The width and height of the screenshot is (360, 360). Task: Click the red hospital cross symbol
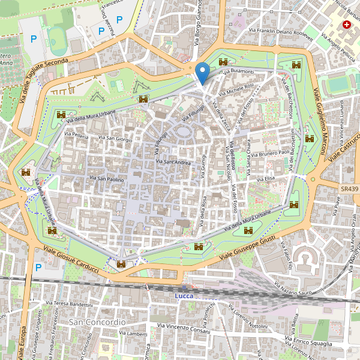point(346,25)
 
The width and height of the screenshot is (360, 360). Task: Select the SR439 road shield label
point(349,188)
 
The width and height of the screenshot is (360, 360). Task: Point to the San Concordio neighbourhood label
point(97,322)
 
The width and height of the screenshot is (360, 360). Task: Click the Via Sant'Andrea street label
point(173,162)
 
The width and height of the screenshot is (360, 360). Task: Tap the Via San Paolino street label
point(106,178)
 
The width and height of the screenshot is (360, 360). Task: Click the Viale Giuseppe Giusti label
point(248,248)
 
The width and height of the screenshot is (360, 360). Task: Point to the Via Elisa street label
point(265,179)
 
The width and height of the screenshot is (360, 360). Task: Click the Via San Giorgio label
point(115,139)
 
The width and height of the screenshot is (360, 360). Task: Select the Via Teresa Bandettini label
point(73,304)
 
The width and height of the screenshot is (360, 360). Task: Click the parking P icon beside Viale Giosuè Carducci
point(39,267)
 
